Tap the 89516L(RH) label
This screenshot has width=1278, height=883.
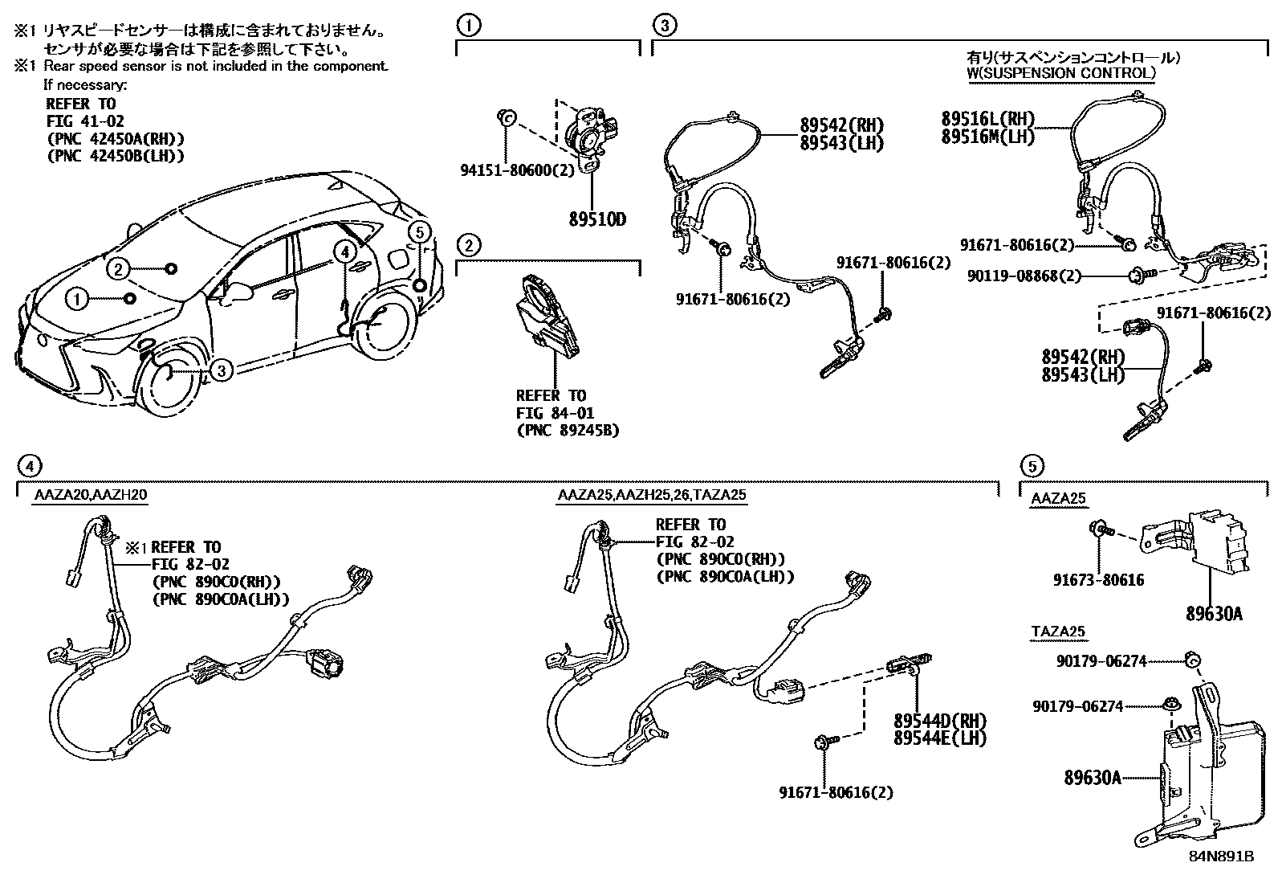987,119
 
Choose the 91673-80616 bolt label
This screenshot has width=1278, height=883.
1098,579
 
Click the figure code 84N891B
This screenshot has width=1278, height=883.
1221,856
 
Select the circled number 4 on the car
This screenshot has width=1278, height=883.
344,251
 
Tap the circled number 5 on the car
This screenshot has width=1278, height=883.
418,232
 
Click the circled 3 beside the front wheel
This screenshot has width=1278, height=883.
222,370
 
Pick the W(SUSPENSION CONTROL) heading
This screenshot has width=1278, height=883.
1060,73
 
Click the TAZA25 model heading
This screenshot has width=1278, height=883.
1057,632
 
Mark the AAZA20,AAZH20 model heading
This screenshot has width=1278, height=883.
90,495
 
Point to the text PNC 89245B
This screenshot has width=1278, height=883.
568,431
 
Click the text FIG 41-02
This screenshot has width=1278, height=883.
84,121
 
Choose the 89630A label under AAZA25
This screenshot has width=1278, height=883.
1214,615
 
